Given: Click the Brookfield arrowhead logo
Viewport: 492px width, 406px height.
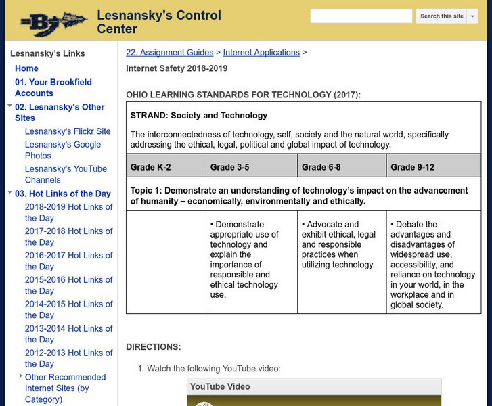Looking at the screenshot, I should pos(52,24).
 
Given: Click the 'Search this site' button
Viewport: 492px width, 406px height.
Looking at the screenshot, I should pos(442,16).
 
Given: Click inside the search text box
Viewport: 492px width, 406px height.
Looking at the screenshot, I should pos(361,16).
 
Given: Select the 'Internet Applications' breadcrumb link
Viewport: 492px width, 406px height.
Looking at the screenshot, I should pos(261,52).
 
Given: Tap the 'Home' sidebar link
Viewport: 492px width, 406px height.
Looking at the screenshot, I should pos(26,68).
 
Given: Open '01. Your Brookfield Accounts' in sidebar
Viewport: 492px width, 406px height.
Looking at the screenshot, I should pos(53,88).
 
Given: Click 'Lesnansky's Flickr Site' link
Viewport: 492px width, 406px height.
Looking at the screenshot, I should pos(68,131).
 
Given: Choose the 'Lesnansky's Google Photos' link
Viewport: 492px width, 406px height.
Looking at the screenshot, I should pos(63,150).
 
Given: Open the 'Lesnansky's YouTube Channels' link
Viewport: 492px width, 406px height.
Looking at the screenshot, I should pos(66,175).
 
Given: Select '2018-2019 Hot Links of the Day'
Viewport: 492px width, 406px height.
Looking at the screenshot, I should pos(69,212).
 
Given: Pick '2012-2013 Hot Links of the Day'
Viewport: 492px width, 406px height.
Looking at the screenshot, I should pos(69,359).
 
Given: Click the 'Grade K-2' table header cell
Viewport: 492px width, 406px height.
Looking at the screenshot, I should pos(150,167).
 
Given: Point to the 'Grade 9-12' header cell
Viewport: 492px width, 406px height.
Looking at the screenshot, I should pos(412,167).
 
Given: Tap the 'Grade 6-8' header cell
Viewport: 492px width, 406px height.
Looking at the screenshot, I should pos(321,167).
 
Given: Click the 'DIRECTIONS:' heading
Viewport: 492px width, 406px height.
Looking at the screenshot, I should pos(154,347).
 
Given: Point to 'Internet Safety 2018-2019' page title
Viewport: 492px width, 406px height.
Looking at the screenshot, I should pos(177,68).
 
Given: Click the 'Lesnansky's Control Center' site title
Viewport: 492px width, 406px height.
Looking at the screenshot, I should pos(159,22).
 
